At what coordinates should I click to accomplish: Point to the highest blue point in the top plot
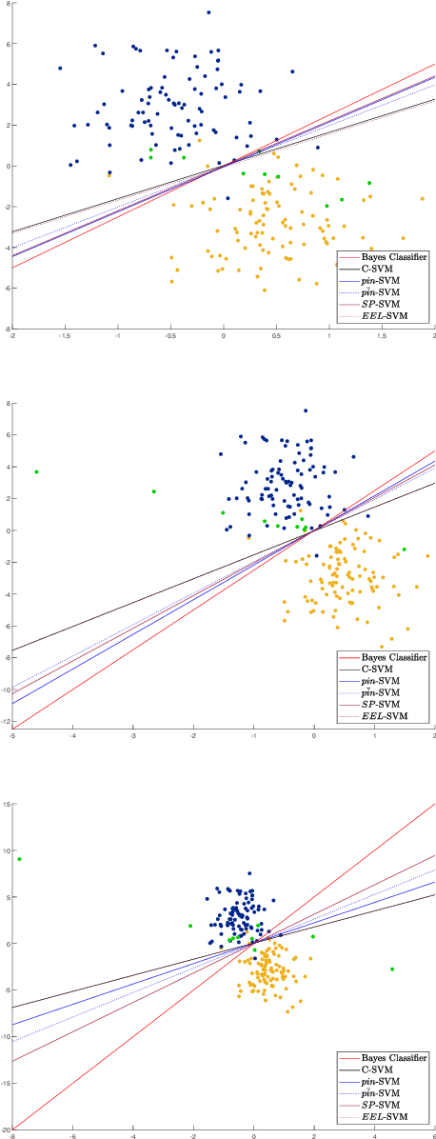click(x=208, y=12)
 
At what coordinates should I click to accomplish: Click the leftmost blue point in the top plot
click(x=60, y=69)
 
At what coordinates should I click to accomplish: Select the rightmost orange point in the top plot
click(x=423, y=199)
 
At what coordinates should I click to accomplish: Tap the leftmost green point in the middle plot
click(x=36, y=471)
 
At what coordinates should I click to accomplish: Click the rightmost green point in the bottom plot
click(x=391, y=969)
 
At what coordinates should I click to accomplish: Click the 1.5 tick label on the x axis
click(x=383, y=336)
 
